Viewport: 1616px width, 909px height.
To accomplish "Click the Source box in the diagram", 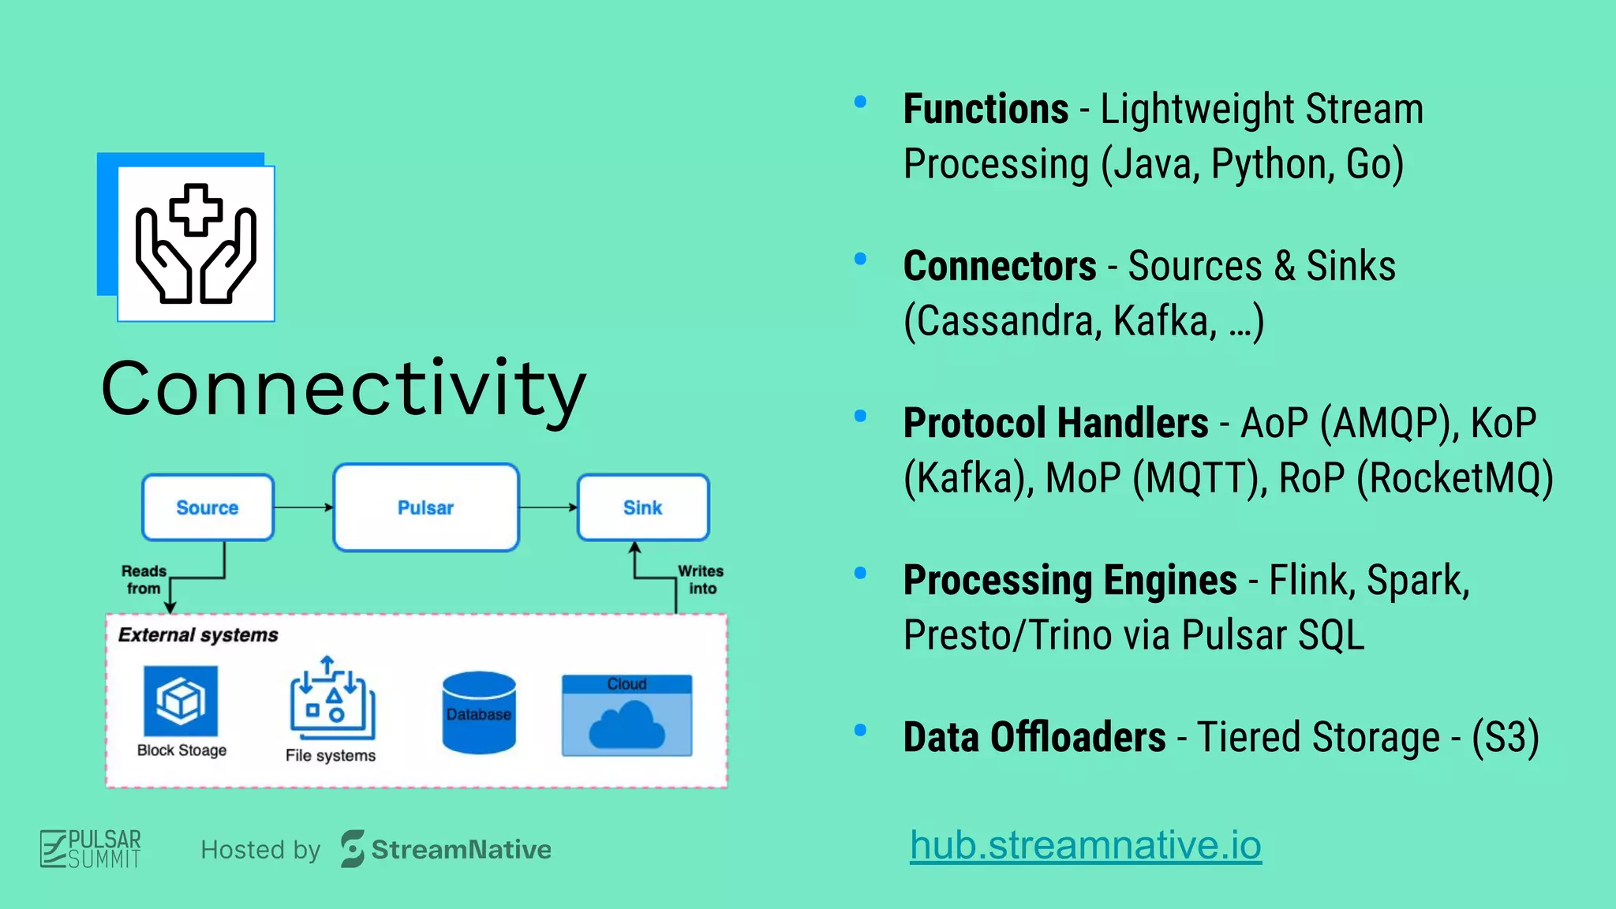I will [208, 507].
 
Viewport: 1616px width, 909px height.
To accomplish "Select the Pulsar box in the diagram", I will [426, 507].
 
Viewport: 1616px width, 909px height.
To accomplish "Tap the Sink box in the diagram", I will [643, 507].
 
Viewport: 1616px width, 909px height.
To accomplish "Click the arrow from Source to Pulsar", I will [303, 507].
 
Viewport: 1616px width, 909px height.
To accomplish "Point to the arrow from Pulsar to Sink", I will [548, 507].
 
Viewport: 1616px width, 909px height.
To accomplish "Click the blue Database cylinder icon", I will [479, 713].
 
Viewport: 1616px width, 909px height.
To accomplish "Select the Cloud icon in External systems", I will [627, 716].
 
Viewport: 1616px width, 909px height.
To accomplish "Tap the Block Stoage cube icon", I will [181, 701].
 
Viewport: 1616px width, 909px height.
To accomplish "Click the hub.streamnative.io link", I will [1086, 845].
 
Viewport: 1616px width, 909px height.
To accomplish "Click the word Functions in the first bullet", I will [986, 109].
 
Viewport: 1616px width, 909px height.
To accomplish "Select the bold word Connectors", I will [1000, 266].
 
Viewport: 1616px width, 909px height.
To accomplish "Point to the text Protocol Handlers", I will [1056, 423].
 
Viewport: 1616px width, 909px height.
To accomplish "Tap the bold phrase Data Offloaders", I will [1034, 737].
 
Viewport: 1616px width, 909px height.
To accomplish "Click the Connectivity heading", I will [343, 389].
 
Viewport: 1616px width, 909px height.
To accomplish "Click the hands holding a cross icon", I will [196, 243].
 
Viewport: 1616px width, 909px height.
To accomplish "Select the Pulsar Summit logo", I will [91, 849].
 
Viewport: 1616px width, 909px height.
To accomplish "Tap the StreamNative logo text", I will [461, 850].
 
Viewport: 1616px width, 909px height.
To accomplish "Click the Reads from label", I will [144, 580].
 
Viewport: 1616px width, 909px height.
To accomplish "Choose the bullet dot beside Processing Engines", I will [861, 573].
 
